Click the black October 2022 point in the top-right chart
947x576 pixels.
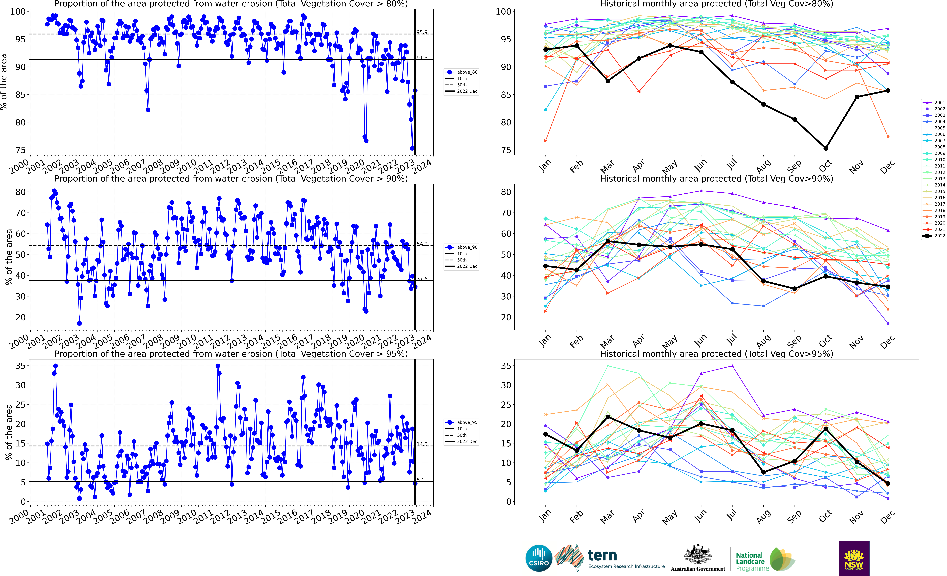826,148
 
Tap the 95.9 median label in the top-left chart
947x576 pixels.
422,32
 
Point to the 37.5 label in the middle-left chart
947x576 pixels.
422,279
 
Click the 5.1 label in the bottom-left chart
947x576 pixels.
421,480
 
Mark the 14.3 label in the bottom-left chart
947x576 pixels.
422,444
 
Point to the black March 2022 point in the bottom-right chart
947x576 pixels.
608,417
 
